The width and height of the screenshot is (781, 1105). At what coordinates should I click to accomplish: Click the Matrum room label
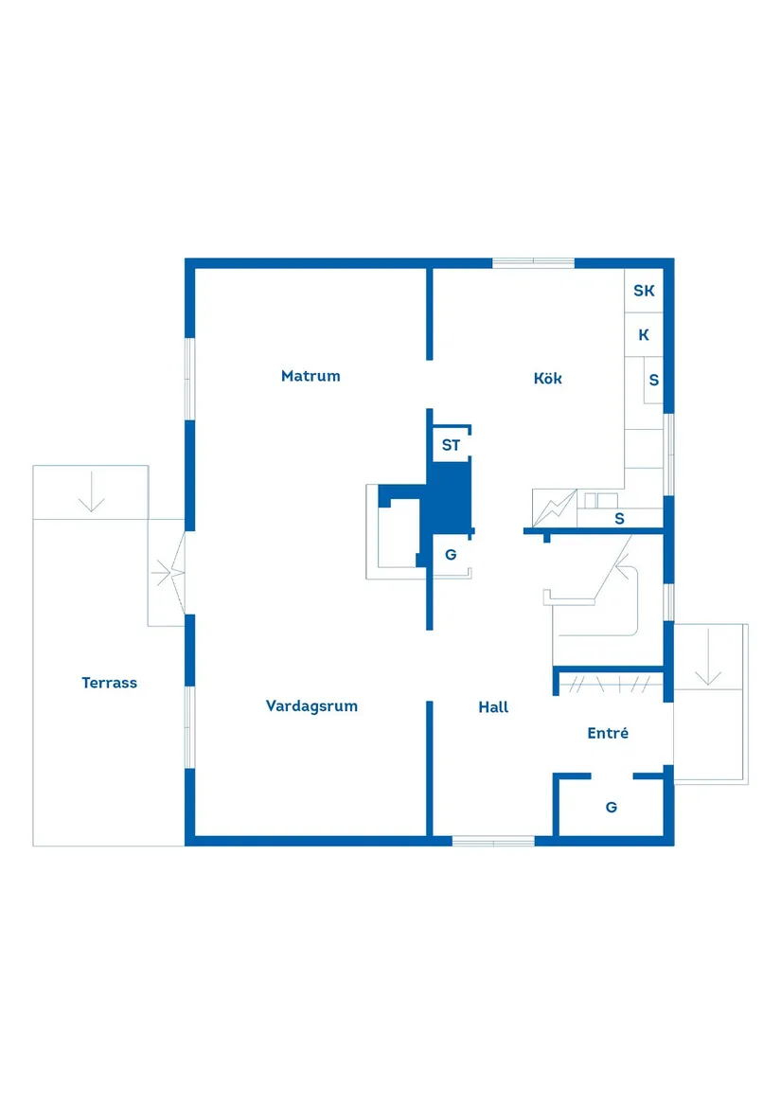tap(311, 376)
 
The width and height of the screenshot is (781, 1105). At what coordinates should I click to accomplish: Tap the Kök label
tap(548, 379)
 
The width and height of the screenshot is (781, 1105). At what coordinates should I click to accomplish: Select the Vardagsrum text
tap(311, 706)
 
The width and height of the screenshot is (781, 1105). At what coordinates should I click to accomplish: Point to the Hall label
tap(493, 706)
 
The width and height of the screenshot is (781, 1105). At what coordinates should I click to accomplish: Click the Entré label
tap(608, 733)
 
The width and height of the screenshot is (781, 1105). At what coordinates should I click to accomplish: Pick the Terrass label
tap(109, 682)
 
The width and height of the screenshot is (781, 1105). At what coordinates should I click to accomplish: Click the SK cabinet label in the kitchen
tap(644, 291)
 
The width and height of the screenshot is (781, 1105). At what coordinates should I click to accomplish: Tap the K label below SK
tap(644, 335)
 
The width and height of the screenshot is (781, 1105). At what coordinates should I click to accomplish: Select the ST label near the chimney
tap(451, 445)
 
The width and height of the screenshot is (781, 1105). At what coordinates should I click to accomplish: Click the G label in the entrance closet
tap(612, 807)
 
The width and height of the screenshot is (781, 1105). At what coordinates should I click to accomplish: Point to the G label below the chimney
tap(451, 555)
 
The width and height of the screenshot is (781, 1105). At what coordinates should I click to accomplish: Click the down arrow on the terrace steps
tap(92, 491)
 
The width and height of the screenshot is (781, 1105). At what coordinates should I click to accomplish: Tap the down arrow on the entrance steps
tap(708, 657)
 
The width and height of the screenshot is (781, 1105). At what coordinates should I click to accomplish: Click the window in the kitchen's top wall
tap(533, 263)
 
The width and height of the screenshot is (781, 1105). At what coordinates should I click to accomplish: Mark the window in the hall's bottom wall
tap(493, 841)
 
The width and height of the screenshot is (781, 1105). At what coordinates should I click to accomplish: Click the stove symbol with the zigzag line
tap(555, 508)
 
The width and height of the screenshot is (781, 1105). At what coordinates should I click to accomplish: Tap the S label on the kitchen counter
tap(619, 519)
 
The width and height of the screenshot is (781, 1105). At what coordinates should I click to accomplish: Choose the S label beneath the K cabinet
tap(654, 380)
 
